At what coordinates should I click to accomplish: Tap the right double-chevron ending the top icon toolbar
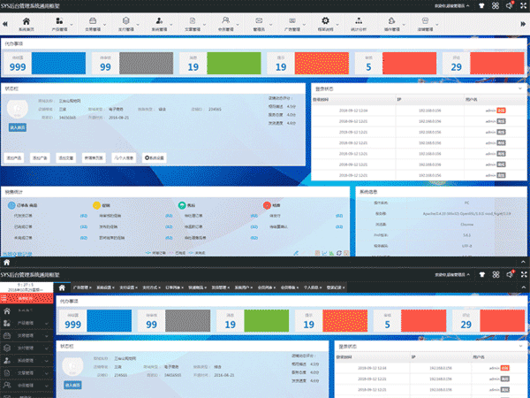pyautogui.click(x=519, y=23)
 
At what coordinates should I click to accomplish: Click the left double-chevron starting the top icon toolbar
pyautogui.click(x=7, y=23)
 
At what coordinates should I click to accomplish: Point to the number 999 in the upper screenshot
pyautogui.click(x=16, y=65)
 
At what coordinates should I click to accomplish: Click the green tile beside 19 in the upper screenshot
pyautogui.click(x=231, y=63)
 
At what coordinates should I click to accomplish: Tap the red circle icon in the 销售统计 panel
pyautogui.click(x=265, y=204)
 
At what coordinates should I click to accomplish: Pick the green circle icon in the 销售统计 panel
pyautogui.click(x=181, y=204)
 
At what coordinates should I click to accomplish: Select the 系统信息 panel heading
pyautogui.click(x=368, y=191)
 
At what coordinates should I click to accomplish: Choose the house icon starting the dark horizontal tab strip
pyautogui.click(x=62, y=287)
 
